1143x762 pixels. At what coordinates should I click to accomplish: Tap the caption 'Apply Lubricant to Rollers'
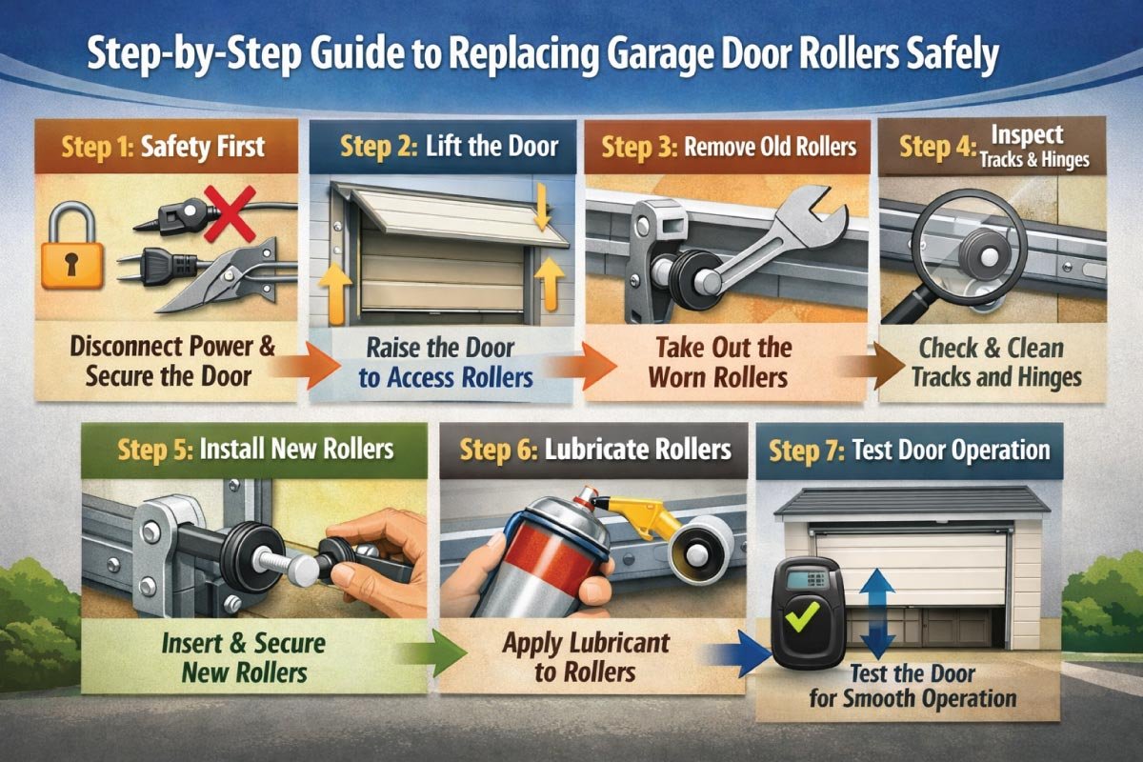coord(584,656)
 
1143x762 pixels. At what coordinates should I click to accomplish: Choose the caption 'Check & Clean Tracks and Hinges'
coord(995,361)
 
